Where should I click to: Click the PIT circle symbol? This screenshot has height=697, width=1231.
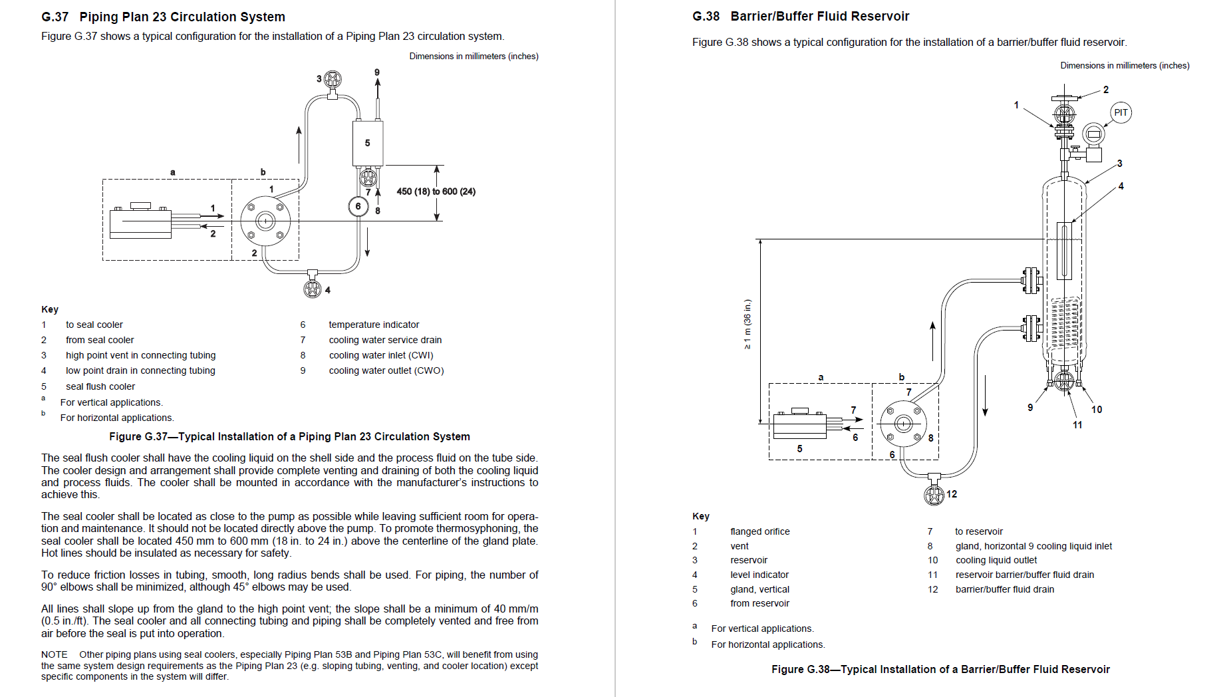pos(1121,112)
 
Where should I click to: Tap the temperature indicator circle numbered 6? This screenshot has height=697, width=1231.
pos(358,206)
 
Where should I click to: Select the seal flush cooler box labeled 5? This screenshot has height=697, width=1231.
pos(367,143)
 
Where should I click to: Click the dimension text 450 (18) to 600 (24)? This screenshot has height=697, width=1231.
pos(436,192)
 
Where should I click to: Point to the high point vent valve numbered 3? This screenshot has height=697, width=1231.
pos(333,80)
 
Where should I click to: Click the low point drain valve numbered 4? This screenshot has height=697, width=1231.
pos(312,289)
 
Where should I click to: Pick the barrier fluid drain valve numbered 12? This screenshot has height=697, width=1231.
pos(934,495)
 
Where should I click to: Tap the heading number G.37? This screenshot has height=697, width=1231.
pos(55,17)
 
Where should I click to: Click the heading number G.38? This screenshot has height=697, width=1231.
pos(706,16)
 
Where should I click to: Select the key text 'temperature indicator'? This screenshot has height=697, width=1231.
pos(374,325)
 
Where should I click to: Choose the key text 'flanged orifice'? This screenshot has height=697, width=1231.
pos(759,531)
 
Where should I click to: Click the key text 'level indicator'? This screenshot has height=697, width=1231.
pos(759,575)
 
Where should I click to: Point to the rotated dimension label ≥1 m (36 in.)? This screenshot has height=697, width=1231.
pos(748,324)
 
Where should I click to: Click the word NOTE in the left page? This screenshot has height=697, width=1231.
pos(54,654)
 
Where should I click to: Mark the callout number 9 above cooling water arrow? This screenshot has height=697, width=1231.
pos(376,72)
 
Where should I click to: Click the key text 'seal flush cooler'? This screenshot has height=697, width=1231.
pos(100,386)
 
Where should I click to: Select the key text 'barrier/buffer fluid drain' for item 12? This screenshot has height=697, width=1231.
pos(1004,589)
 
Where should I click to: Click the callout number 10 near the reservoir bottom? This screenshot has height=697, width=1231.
pos(1096,410)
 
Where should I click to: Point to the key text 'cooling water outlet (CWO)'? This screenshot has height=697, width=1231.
pos(386,370)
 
